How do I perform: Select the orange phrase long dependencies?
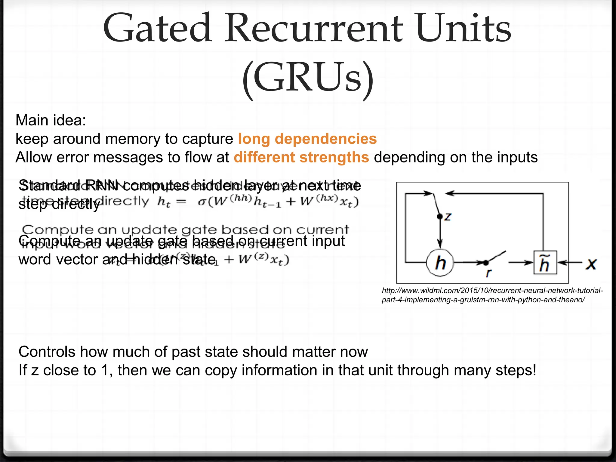[x=307, y=139]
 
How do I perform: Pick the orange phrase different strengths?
[x=301, y=157]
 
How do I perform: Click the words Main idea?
[x=51, y=120]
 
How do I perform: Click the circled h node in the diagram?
[x=440, y=263]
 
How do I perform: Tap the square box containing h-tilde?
[x=545, y=263]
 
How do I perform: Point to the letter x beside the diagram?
[x=592, y=263]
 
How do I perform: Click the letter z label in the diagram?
[x=448, y=216]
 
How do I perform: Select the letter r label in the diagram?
[x=488, y=273]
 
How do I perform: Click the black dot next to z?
[x=440, y=216]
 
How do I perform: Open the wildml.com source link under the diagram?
[x=492, y=295]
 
